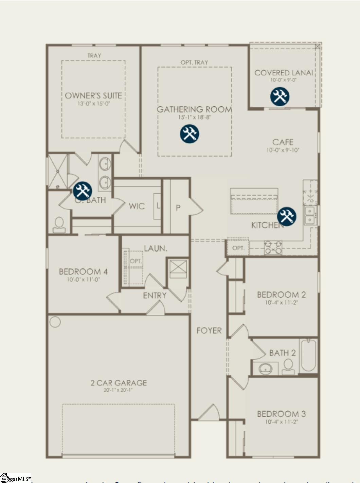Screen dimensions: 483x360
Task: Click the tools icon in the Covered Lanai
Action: [280, 96]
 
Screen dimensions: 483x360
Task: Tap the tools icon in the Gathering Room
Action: [190, 133]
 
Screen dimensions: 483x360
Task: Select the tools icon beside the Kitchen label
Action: [287, 216]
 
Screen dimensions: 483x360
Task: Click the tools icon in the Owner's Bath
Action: [82, 191]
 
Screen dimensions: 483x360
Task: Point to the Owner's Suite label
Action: [93, 96]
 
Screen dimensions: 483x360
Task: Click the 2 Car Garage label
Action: [119, 383]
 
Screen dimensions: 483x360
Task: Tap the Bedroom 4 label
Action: [83, 272]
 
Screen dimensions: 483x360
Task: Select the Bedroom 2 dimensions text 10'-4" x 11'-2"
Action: [281, 303]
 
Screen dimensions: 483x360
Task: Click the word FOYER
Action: [209, 330]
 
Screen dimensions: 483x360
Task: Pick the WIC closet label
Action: [137, 206]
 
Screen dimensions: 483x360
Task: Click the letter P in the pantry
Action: [178, 208]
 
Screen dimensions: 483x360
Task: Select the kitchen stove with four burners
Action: [273, 248]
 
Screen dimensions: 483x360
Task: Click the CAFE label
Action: [283, 142]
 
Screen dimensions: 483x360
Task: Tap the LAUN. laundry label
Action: [155, 249]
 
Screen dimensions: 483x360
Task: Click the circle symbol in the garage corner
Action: [55, 322]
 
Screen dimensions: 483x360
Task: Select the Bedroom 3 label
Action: [281, 414]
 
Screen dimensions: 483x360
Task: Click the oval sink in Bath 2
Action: [265, 368]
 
